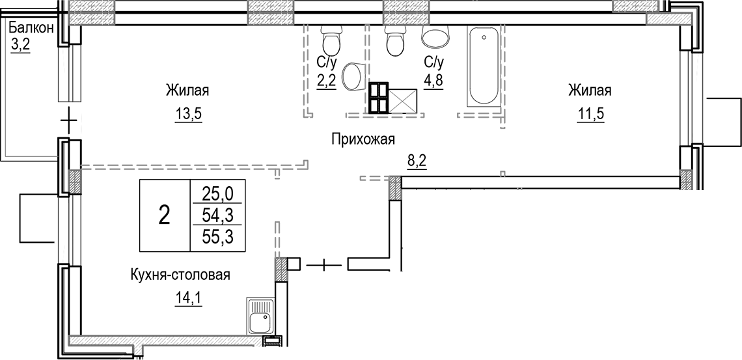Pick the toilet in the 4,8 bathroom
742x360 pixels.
(394, 40)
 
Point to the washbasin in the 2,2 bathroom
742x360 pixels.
(353, 76)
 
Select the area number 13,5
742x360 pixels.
(189, 115)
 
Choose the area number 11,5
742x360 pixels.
(590, 115)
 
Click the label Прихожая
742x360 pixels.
(363, 139)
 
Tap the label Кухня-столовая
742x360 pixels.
(180, 275)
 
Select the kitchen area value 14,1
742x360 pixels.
(189, 300)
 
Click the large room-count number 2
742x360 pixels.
(165, 214)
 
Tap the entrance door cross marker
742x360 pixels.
(323, 264)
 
